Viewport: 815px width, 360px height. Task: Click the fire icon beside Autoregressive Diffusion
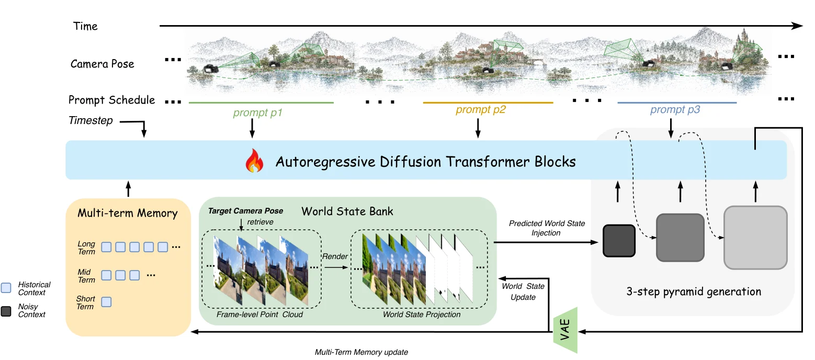[x=254, y=161]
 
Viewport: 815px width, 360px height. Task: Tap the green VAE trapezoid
[x=565, y=330]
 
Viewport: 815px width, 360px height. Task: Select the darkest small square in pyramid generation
[x=619, y=241]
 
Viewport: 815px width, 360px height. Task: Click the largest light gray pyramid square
[x=756, y=238]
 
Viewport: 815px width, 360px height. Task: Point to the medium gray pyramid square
[x=680, y=238]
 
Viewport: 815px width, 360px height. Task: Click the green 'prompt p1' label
[x=257, y=113]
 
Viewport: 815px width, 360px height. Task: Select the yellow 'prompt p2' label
[x=481, y=109]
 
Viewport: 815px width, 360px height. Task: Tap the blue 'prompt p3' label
[x=675, y=109]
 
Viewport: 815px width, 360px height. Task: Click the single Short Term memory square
[x=106, y=302]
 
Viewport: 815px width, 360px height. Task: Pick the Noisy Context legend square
[x=6, y=311]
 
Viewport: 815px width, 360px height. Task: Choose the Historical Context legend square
[x=6, y=288]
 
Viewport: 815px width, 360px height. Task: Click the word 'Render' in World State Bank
[x=335, y=256]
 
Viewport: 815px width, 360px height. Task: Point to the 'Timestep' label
[x=90, y=120]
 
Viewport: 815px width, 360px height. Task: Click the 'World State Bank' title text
[x=347, y=211]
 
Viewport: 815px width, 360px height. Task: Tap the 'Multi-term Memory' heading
[x=128, y=213]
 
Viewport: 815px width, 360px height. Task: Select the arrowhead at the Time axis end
[x=798, y=26]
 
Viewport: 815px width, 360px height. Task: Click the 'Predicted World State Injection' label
[x=547, y=228]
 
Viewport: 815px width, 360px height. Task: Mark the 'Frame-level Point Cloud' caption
[x=259, y=314]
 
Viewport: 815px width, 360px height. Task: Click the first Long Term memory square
[x=106, y=247]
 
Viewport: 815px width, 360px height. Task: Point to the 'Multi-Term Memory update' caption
[x=361, y=352]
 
